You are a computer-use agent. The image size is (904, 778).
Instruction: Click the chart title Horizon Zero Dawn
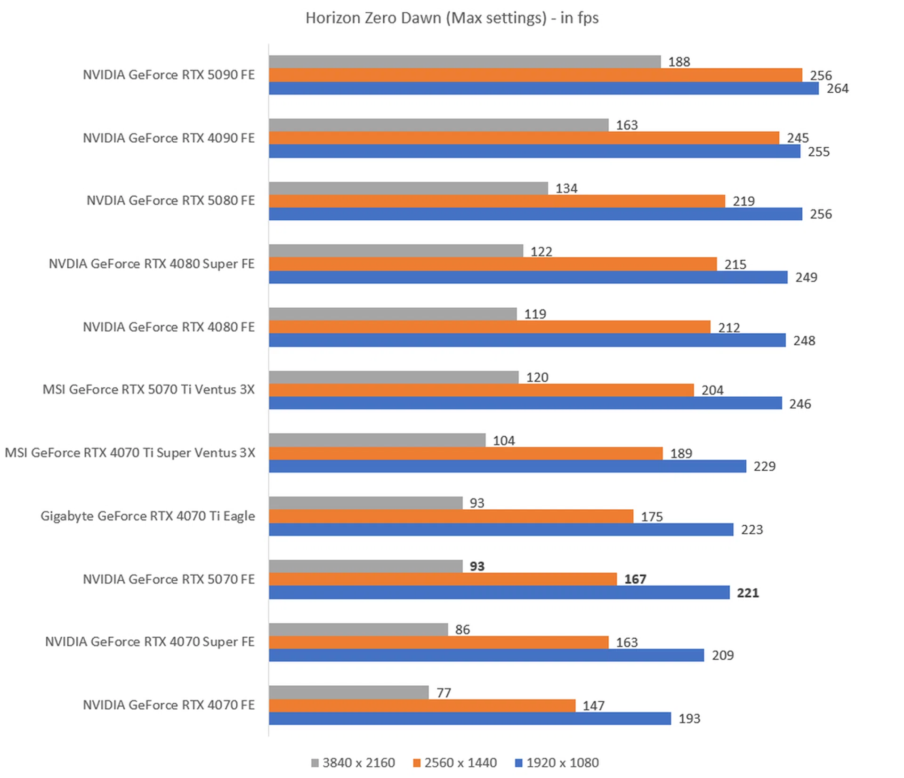(452, 18)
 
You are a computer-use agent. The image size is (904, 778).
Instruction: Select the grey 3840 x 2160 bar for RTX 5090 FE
(465, 62)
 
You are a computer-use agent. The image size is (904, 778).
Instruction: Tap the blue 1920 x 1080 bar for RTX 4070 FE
(469, 718)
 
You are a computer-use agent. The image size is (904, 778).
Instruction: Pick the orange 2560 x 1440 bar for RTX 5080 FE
(497, 201)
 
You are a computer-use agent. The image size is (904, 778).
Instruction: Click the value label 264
(837, 88)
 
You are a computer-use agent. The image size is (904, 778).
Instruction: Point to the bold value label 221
(747, 593)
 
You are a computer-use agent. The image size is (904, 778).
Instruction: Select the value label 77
(444, 692)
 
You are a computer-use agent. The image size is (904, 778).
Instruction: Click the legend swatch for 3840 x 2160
(315, 762)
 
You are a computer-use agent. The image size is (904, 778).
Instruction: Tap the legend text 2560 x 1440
(460, 762)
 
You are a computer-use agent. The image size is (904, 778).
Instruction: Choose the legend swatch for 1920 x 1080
(519, 762)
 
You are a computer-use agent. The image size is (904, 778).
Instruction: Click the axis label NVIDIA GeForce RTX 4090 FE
(169, 138)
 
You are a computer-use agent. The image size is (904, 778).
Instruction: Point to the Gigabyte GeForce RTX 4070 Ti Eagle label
(147, 516)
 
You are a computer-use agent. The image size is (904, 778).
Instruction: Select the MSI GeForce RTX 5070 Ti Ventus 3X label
(148, 389)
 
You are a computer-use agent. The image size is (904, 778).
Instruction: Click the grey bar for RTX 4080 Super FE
(395, 251)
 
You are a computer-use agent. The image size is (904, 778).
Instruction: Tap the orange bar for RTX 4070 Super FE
(438, 642)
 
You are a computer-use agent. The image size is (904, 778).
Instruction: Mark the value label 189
(681, 453)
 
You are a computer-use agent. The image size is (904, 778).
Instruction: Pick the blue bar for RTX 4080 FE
(527, 340)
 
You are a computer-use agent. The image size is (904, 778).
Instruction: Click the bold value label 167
(635, 579)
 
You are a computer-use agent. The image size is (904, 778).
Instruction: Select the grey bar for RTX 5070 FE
(365, 566)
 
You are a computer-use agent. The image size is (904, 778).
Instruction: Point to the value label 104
(503, 441)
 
